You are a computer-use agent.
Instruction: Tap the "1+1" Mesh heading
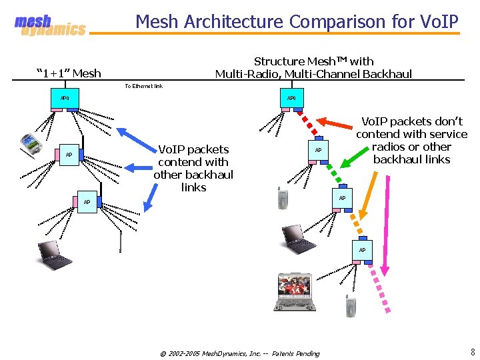[x=69, y=73]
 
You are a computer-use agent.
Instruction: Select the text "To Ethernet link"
[x=143, y=86]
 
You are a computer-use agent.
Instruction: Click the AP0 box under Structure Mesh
[x=291, y=97]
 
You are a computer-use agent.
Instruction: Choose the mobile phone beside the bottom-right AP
[x=351, y=305]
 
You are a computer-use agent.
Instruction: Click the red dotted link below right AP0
[x=309, y=123]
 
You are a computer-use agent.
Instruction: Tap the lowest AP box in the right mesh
[x=362, y=249]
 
